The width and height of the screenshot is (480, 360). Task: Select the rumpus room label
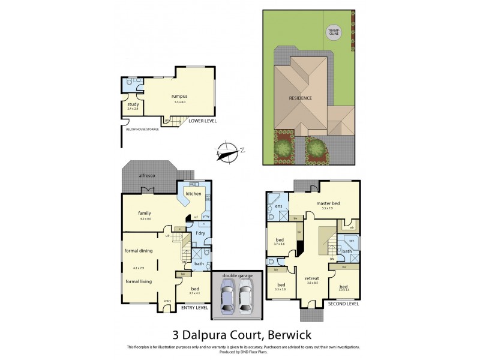click(179, 96)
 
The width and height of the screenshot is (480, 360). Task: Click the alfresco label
click(148, 175)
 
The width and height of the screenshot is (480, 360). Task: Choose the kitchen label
click(193, 194)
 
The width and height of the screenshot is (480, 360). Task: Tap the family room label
click(145, 213)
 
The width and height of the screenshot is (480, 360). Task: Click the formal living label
click(139, 280)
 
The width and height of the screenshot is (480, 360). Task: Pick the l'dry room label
click(201, 232)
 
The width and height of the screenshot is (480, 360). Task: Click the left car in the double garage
click(227, 298)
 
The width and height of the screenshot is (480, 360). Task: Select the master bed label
click(328, 203)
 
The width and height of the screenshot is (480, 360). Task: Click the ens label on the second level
click(278, 206)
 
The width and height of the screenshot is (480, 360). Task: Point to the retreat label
click(311, 278)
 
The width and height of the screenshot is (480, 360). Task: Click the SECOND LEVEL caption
click(344, 304)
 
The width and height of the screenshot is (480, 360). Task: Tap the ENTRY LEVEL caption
click(194, 307)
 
